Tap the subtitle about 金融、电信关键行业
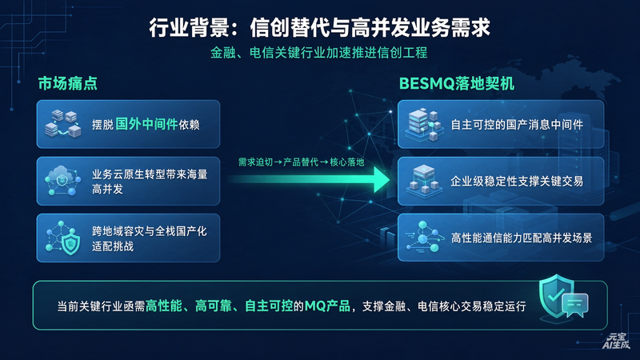318,53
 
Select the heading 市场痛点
68,83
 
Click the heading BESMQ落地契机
457,84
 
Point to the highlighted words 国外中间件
146,124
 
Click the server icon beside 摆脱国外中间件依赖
63,123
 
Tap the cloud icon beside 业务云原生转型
62,181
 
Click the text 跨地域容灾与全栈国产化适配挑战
150,238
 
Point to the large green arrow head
382,179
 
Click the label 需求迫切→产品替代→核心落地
302,162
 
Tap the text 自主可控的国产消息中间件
517,125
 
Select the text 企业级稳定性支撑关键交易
517,182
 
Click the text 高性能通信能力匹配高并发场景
522,238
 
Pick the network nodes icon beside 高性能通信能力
425,237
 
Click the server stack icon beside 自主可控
425,124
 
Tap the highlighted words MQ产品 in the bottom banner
327,306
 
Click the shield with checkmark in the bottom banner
556,295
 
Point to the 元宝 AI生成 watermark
616,342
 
